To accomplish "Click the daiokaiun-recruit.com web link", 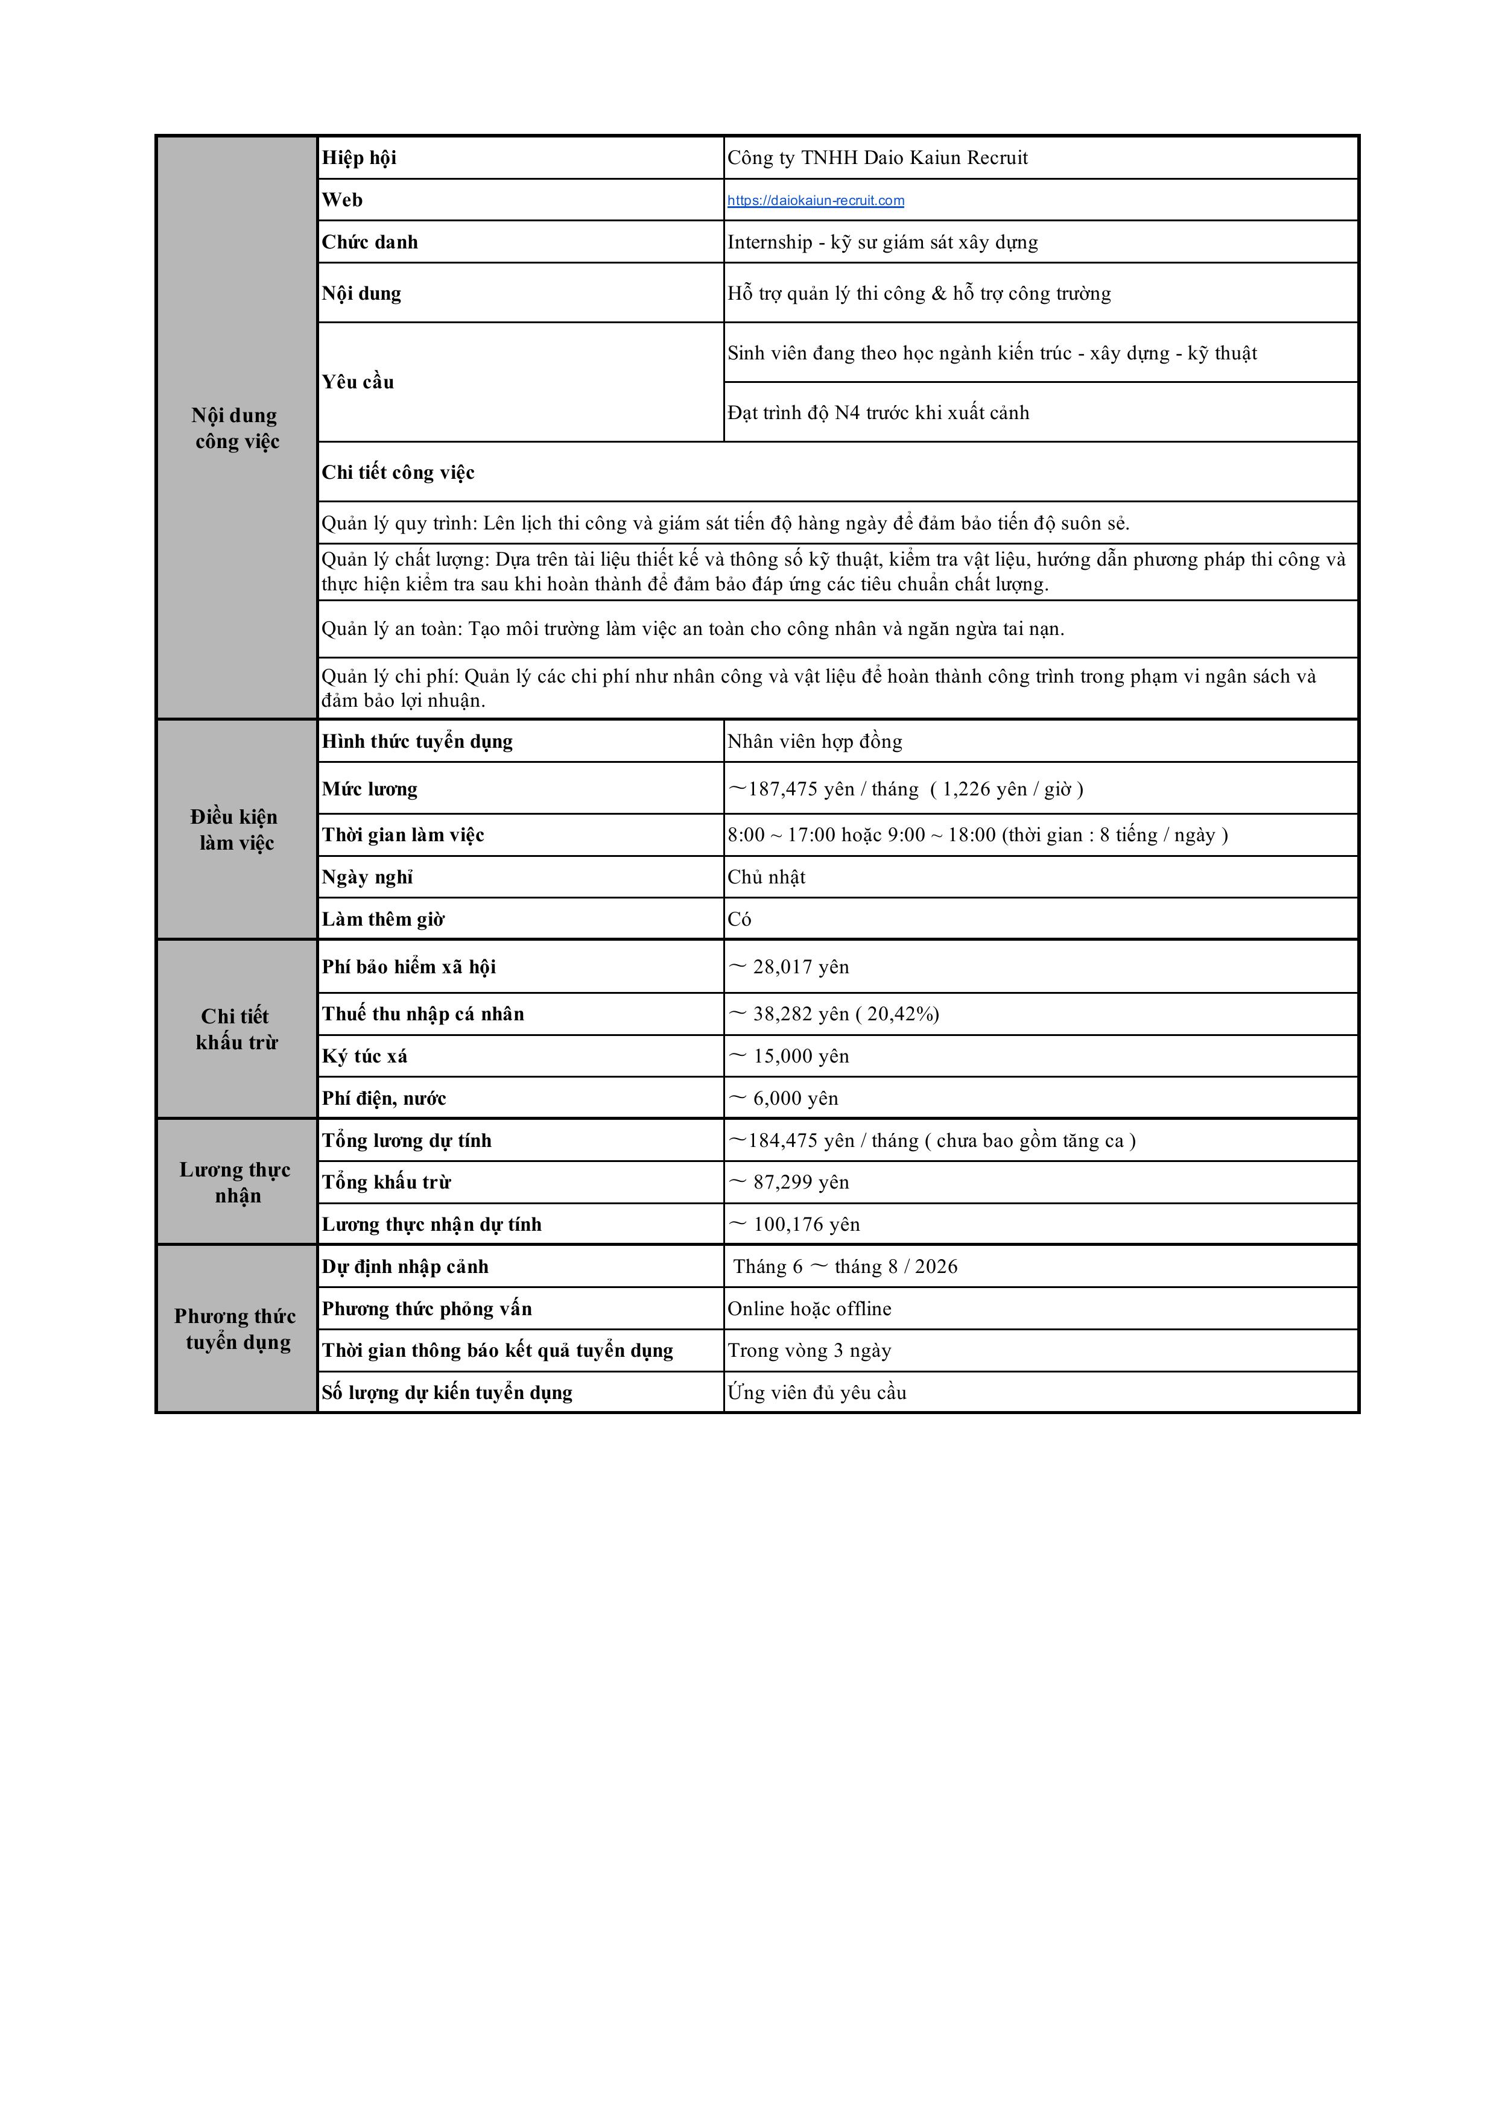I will (815, 201).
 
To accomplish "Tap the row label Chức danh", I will (370, 242).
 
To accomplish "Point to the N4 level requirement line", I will (878, 413).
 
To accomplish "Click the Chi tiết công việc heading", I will (398, 473).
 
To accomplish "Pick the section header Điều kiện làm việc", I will (235, 829).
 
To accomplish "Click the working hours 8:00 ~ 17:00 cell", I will (977, 835).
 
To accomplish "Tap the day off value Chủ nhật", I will (766, 877).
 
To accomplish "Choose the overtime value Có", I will (739, 920).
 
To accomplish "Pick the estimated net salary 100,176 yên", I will (796, 1225).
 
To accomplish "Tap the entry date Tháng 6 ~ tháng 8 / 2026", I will (845, 1267).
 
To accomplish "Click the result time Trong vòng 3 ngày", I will (810, 1351).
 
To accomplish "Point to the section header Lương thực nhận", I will (235, 1183).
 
